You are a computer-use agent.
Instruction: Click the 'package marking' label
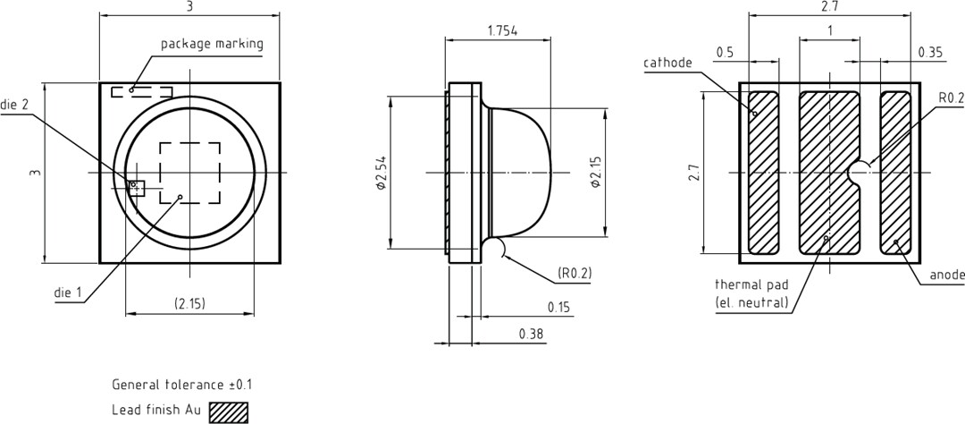(212, 44)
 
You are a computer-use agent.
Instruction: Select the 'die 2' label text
(14, 105)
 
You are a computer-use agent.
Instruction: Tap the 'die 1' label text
(68, 293)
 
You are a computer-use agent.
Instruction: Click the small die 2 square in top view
(136, 187)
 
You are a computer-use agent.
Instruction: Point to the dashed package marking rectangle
(141, 91)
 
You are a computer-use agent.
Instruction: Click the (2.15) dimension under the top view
(189, 303)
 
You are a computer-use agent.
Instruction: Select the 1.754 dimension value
(502, 30)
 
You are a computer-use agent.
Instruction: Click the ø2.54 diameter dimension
(381, 174)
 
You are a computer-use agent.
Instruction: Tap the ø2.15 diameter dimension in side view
(595, 174)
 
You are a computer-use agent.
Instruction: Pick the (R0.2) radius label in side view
(574, 273)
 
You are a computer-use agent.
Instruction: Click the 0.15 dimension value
(558, 307)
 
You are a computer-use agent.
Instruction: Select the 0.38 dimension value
(531, 333)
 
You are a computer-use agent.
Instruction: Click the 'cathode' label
(667, 63)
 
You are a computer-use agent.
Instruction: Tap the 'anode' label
(946, 275)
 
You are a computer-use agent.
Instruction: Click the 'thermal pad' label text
(751, 284)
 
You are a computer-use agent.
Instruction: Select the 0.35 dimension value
(930, 53)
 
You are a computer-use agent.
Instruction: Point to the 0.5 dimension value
(725, 53)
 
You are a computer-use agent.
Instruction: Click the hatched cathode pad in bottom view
(763, 173)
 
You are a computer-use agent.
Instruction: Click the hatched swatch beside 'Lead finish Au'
(228, 411)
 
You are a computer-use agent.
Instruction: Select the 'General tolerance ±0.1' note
(181, 385)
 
